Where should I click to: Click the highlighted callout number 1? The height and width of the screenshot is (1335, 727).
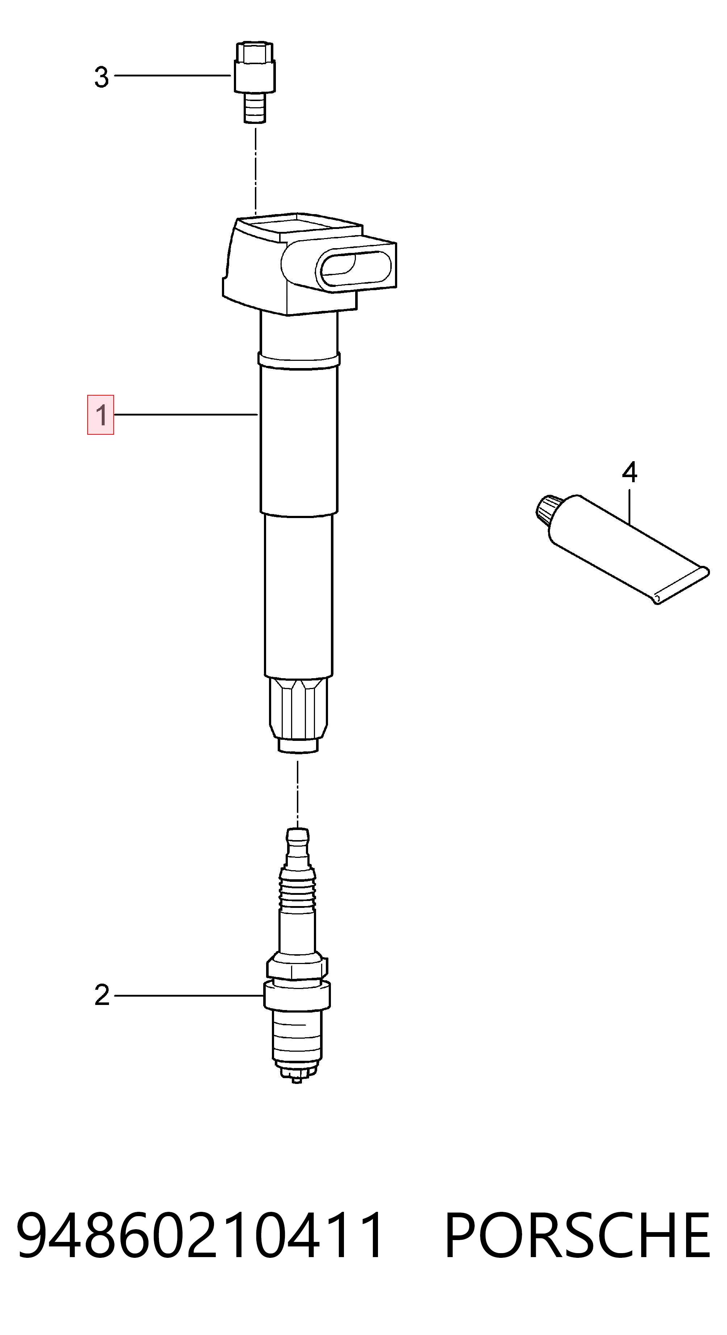[x=100, y=414]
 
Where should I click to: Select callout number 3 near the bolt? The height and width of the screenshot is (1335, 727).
[x=101, y=77]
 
